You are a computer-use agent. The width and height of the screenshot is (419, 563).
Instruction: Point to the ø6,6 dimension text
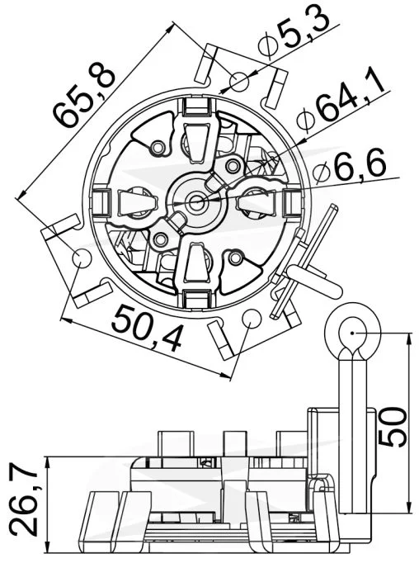350,167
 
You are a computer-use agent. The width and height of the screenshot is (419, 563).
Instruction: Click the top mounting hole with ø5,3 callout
239,83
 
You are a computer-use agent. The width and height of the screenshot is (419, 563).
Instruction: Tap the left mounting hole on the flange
82,258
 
